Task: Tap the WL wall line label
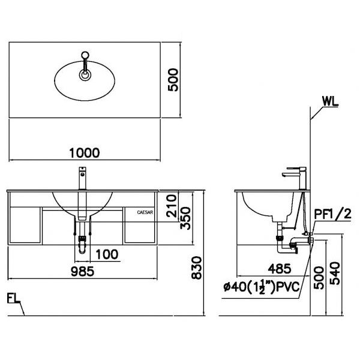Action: click(x=329, y=100)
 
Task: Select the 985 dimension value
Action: click(x=84, y=272)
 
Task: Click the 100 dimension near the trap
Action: click(x=106, y=254)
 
